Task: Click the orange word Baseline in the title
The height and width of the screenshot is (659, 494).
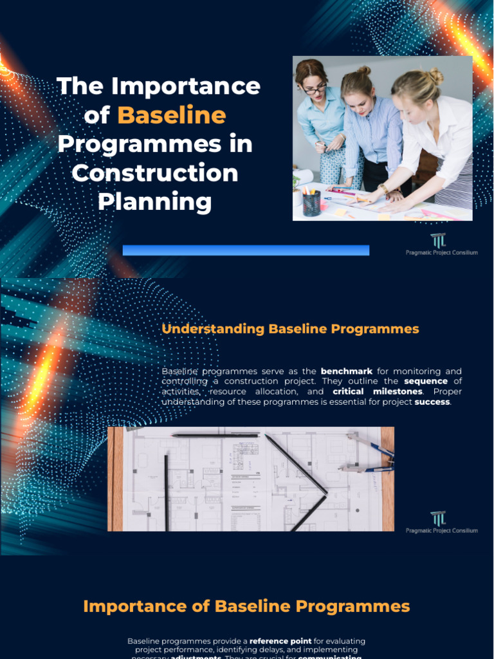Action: [x=172, y=115]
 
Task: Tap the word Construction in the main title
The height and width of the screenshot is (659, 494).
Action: [x=154, y=172]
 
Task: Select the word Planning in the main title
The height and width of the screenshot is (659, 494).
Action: [x=154, y=201]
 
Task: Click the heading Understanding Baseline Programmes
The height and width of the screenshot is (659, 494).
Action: [x=290, y=329]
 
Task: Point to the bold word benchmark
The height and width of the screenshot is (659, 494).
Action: [x=347, y=371]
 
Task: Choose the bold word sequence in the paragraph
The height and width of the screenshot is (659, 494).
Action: [x=426, y=381]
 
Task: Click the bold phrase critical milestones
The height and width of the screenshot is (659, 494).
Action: [x=378, y=391]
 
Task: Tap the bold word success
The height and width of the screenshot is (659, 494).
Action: [x=432, y=402]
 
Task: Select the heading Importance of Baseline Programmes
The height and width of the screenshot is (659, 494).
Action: [x=246, y=606]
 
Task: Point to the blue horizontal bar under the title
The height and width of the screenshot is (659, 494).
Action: [x=246, y=250]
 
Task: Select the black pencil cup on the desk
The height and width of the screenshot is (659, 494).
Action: [x=312, y=203]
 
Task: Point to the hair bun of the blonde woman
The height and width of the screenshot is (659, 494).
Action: [x=436, y=75]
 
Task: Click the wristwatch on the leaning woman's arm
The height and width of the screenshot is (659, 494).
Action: [x=384, y=189]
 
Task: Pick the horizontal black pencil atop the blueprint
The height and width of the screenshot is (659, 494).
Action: [x=215, y=435]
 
